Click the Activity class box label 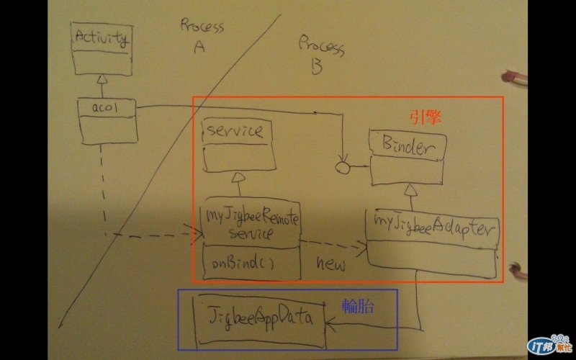coord(102,37)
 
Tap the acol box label coord(104,108)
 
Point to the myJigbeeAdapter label coord(432,229)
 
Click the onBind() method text coord(243,264)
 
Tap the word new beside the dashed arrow coord(331,264)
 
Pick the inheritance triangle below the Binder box coord(409,189)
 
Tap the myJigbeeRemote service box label coord(249,223)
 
